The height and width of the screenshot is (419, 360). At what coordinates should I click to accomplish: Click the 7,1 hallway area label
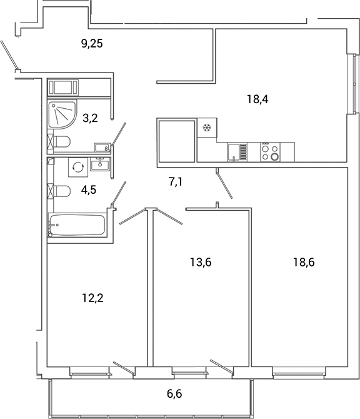178,182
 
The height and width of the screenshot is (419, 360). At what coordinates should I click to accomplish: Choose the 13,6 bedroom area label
201,262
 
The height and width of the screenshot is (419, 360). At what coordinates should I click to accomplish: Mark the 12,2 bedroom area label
92,298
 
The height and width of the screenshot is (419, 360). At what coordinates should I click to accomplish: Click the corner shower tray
62,115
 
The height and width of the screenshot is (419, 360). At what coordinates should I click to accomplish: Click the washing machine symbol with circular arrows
78,168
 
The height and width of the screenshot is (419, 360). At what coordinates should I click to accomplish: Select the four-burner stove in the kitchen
271,153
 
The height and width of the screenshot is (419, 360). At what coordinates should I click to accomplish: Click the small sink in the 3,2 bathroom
102,148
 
